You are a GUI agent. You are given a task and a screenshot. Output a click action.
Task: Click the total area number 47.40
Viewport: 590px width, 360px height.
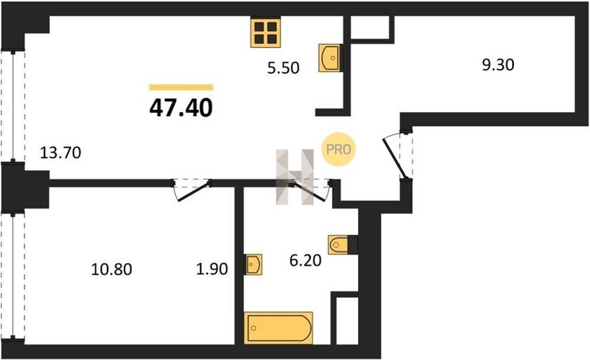(181, 108)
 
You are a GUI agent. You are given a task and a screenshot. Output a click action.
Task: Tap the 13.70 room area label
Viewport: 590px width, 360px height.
(60, 153)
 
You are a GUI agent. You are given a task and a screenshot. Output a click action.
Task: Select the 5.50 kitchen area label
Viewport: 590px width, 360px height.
(283, 68)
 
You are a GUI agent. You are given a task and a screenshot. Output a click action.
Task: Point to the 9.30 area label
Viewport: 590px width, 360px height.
(498, 65)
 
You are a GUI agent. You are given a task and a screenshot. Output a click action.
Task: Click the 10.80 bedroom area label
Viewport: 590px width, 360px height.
(111, 270)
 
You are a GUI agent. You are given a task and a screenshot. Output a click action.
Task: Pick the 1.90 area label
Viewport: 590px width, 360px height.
(212, 269)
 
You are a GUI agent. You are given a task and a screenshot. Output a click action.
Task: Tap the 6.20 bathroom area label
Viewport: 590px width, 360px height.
(305, 260)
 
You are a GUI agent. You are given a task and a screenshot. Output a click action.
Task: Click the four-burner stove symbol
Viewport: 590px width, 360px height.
(265, 32)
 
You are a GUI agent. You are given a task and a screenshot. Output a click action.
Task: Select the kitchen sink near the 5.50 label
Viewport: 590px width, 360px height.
(330, 58)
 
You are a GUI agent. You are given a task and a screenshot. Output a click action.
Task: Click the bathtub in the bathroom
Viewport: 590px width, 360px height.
(279, 328)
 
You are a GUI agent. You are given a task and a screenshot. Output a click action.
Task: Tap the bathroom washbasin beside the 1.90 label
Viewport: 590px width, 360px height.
(253, 264)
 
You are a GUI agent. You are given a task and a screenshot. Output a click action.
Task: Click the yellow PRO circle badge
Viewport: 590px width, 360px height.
(338, 149)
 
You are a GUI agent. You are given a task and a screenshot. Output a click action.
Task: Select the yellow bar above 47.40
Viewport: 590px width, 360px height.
(181, 87)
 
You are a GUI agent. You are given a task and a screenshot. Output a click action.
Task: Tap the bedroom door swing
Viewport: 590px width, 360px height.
(191, 190)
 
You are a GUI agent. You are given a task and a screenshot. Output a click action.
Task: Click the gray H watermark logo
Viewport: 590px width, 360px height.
(294, 177)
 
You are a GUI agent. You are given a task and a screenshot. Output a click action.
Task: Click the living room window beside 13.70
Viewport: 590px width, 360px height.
(13, 106)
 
